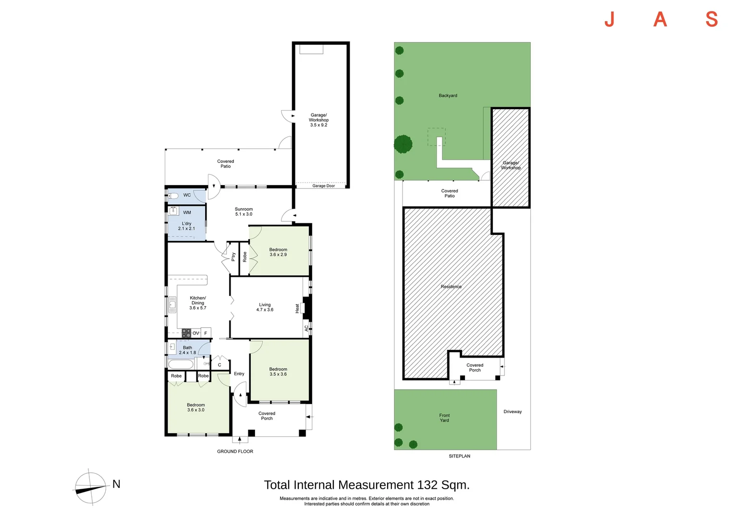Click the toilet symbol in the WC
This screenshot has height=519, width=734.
[173, 196]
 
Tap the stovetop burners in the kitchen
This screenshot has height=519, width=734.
[186, 333]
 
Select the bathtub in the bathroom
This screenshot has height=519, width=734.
[181, 364]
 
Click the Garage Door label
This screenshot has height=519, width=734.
[323, 186]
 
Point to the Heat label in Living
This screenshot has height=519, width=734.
[297, 308]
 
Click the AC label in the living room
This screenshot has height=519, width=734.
[306, 328]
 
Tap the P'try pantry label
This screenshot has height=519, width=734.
[233, 257]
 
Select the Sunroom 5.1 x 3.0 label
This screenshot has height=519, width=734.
[244, 211]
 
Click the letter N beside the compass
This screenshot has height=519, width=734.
[116, 484]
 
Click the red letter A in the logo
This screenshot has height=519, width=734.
[661, 19]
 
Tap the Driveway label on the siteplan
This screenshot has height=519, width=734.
[513, 411]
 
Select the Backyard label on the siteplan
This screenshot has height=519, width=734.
[448, 96]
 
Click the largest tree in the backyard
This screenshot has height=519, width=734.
[403, 144]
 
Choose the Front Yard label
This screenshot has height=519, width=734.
[444, 418]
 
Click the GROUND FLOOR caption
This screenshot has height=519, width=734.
[235, 451]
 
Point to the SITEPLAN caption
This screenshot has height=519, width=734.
[459, 456]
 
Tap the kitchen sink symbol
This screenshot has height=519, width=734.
[172, 305]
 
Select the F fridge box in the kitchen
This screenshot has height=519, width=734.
[206, 333]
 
